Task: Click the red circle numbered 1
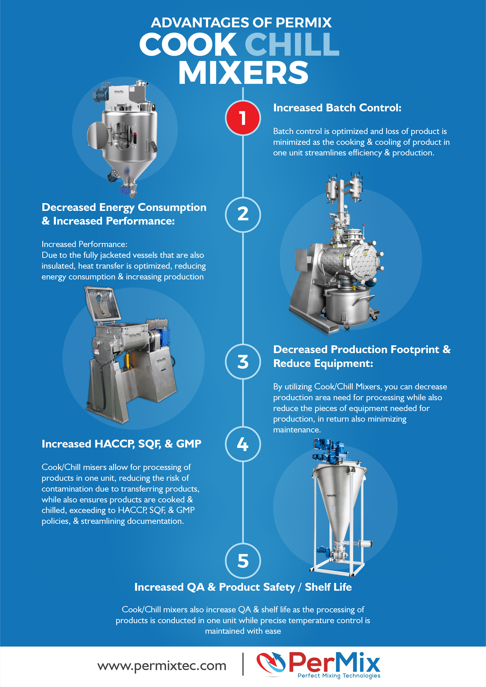tap(243, 118)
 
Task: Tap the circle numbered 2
tap(243, 215)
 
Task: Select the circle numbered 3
tap(243, 361)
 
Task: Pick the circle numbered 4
tap(243, 444)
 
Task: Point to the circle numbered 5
tap(243, 561)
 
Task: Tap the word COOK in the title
tap(188, 44)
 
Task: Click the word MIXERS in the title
tap(243, 72)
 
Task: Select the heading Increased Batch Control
tap(337, 108)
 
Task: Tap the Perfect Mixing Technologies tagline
tap(339, 676)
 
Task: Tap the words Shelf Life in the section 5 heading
tap(328, 587)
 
